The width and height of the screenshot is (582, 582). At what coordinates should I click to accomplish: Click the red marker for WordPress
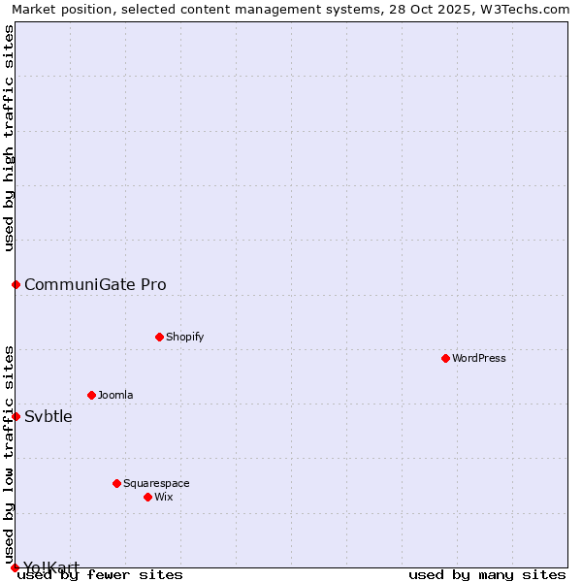point(445,358)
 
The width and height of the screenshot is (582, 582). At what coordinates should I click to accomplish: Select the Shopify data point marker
point(159,337)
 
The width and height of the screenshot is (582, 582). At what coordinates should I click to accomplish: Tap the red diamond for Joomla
point(91,395)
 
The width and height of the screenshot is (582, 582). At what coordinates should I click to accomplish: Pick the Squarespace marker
point(116,483)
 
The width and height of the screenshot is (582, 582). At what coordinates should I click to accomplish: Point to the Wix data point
point(147,497)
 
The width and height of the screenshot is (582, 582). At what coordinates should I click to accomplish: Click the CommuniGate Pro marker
point(16,284)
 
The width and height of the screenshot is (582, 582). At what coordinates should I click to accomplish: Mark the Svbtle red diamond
point(16,416)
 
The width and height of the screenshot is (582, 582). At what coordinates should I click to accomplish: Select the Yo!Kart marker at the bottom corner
point(15,567)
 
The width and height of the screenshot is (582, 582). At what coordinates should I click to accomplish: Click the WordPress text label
point(479,358)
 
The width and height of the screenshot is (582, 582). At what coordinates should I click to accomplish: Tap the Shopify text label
point(184,337)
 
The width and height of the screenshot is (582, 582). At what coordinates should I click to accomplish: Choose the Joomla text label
point(115,395)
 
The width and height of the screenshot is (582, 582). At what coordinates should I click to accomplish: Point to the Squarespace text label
point(156,483)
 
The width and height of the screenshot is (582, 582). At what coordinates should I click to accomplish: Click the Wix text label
point(164,497)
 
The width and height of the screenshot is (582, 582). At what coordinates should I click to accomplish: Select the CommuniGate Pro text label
point(95,284)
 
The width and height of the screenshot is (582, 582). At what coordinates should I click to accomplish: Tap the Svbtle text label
point(48,416)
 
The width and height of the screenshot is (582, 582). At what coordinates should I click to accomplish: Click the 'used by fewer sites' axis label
point(100,574)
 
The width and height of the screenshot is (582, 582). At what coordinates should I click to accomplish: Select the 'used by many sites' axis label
point(487,574)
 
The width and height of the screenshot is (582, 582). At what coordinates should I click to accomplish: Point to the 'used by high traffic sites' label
point(9,138)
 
